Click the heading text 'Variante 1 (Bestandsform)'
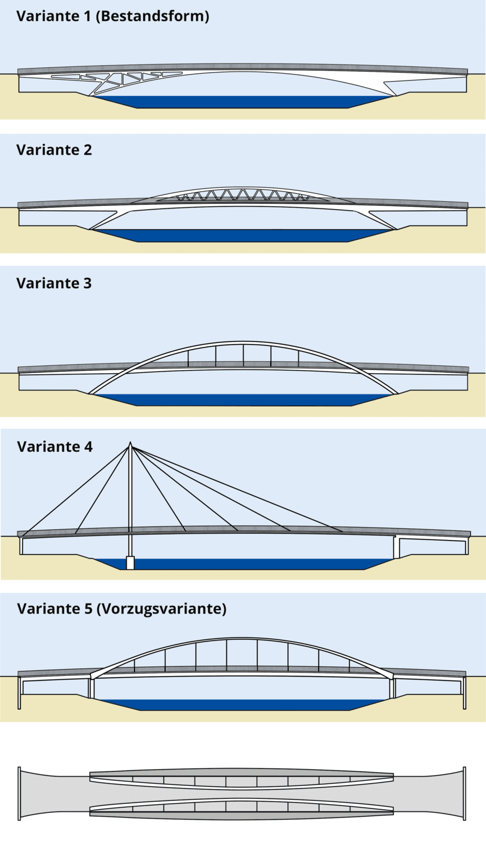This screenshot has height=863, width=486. [112, 16]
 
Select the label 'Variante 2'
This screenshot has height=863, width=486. [54, 150]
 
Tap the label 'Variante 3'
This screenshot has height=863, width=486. [54, 283]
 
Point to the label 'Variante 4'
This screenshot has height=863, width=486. [54, 447]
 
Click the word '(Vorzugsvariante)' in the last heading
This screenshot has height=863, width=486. [161, 609]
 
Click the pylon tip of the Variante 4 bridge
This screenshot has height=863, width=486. [130, 443]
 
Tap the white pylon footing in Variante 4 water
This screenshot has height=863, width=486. [130, 562]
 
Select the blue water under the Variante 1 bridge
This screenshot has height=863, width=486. [242, 102]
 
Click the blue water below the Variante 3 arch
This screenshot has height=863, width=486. [242, 399]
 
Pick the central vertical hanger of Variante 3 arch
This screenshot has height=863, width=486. [243, 356]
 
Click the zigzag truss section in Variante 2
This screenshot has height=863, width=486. [242, 195]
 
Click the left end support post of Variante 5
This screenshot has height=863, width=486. [19, 693]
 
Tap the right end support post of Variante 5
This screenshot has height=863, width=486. [465, 693]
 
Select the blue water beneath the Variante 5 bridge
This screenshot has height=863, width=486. [242, 705]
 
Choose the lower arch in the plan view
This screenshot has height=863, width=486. [242, 800]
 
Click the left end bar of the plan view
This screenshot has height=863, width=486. [19, 793]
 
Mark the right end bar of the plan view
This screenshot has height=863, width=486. [465, 793]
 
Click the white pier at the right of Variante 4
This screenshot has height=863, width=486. [396, 548]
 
